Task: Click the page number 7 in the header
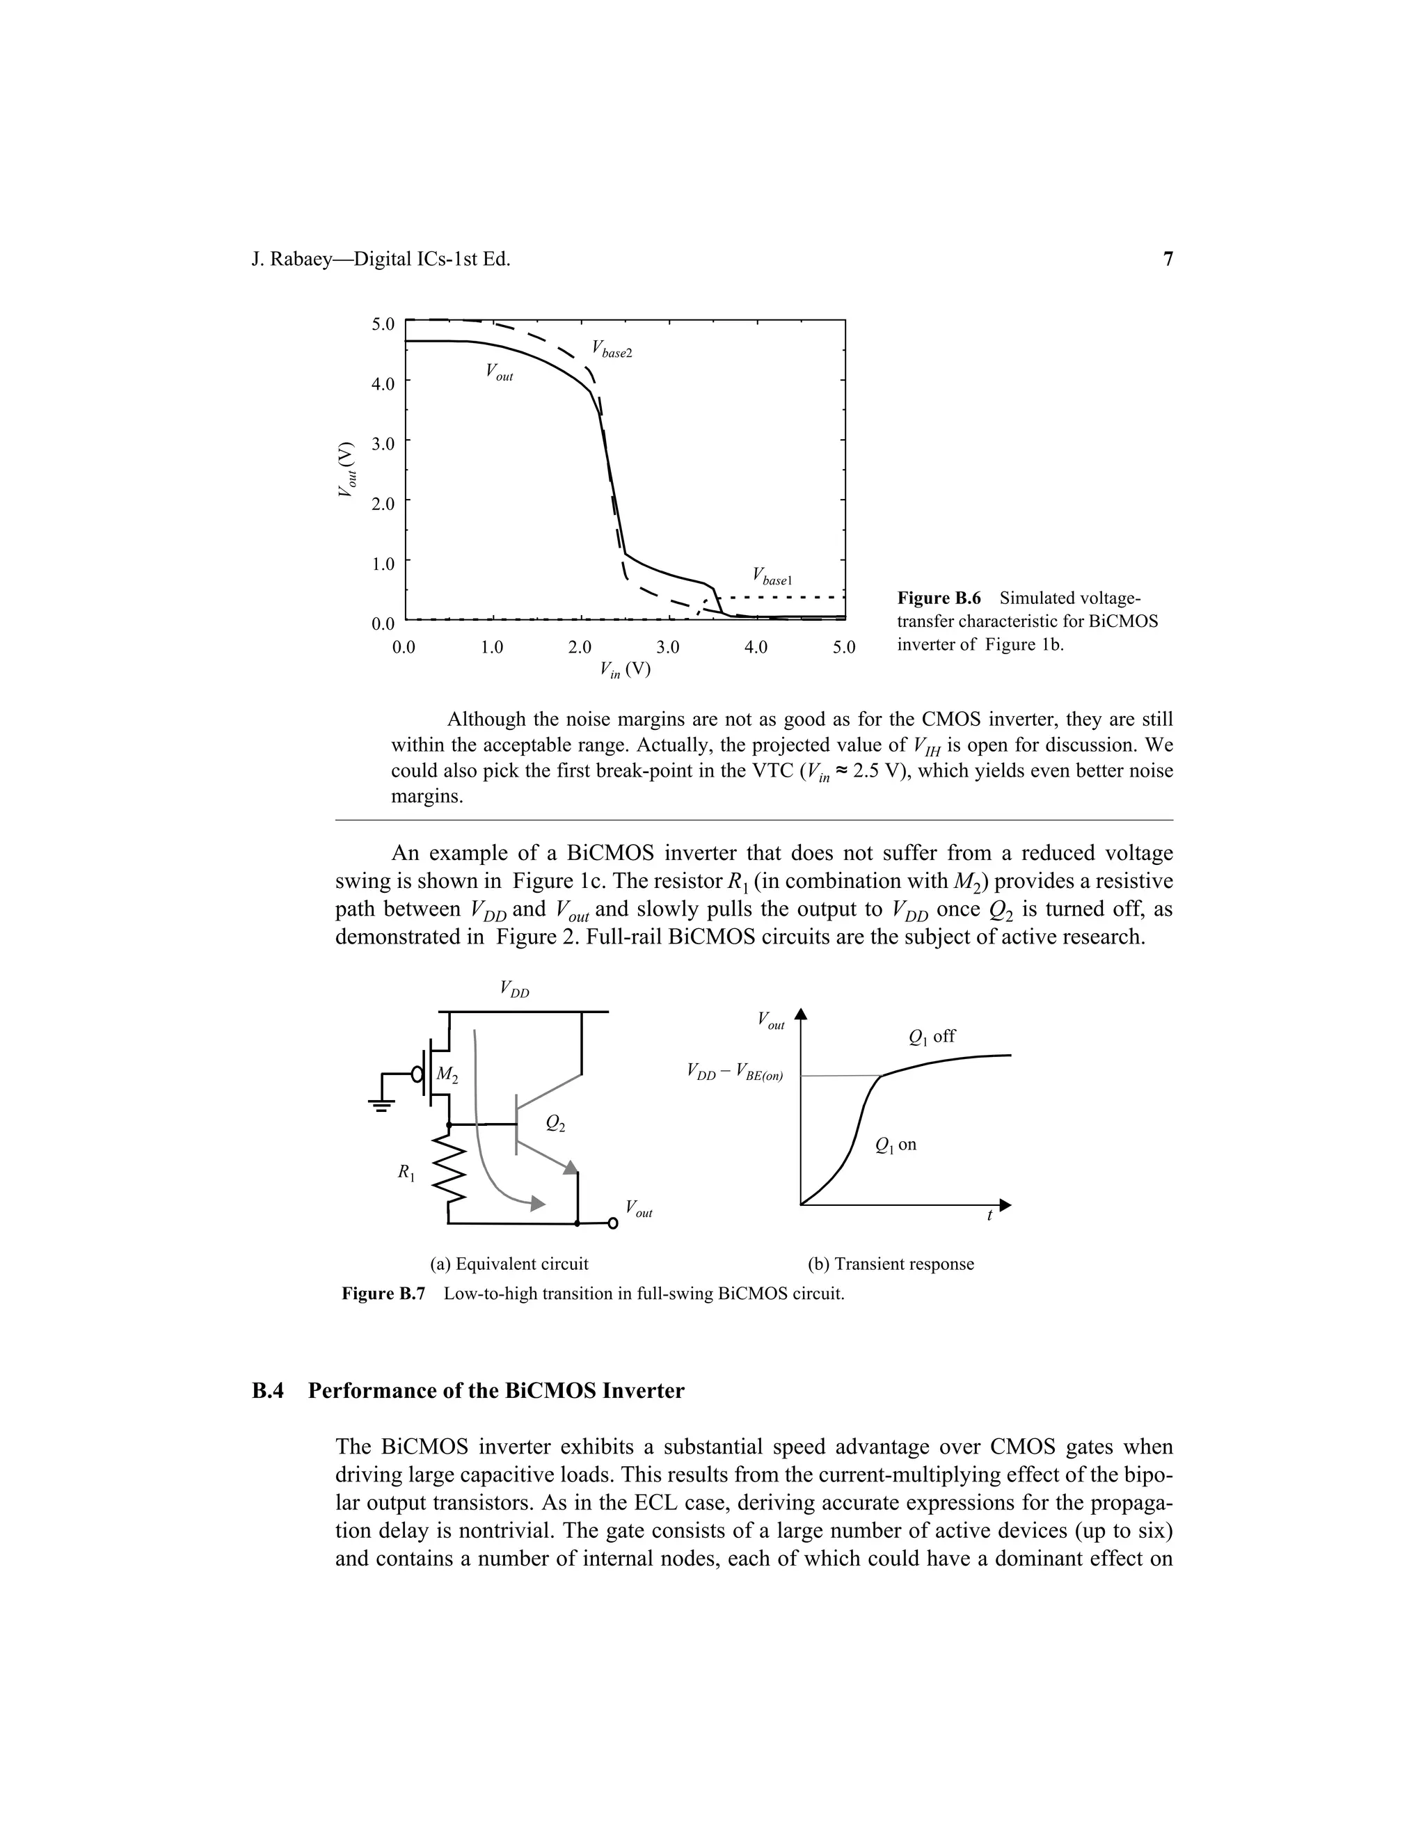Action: pos(1168,260)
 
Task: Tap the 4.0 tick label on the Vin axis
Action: pos(756,648)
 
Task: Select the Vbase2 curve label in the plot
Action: pos(611,349)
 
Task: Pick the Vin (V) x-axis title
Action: pos(625,669)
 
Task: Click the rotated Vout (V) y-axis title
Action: pos(345,470)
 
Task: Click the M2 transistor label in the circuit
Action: pos(447,1076)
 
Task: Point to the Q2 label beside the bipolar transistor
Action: pos(555,1123)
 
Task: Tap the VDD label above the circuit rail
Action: pos(514,989)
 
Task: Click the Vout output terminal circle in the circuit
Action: pos(613,1223)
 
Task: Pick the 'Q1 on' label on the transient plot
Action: pos(895,1145)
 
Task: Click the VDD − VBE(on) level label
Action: pos(735,1073)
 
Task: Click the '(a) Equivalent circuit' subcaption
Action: pos(509,1264)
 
